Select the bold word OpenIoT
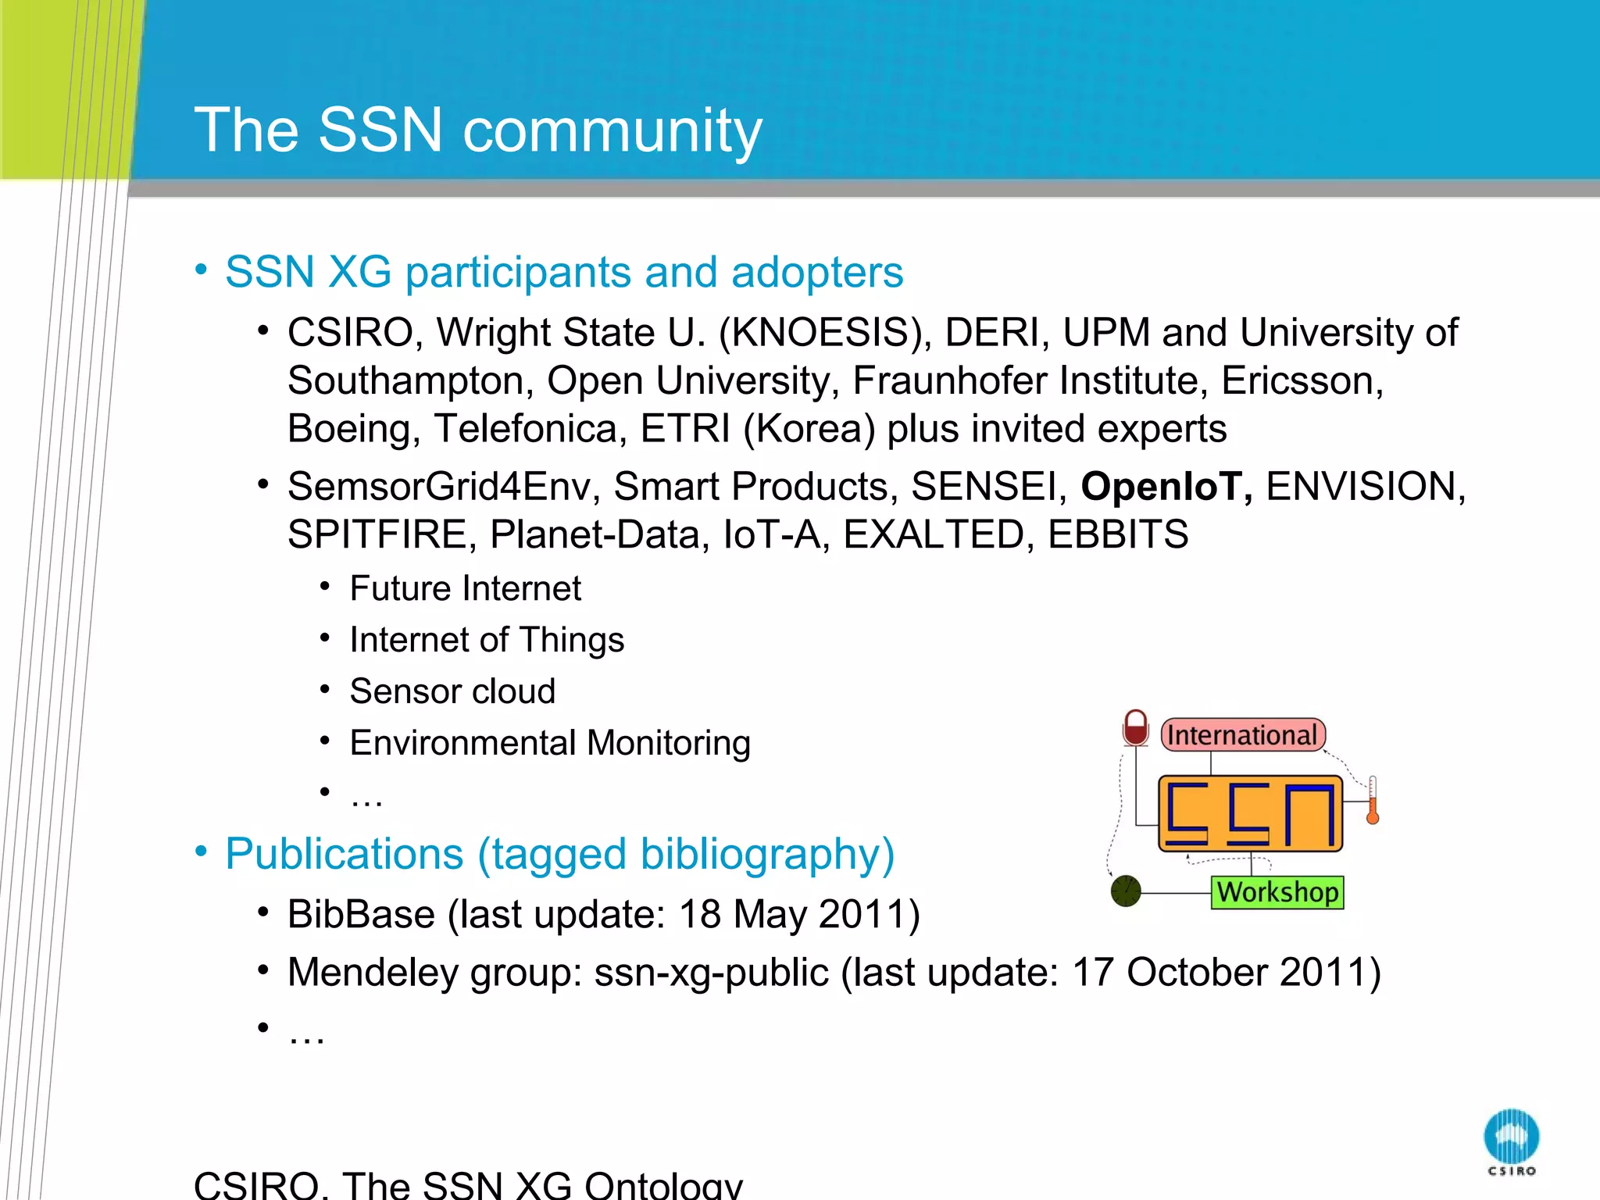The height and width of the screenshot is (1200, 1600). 1165,487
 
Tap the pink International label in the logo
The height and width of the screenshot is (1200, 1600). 1242,735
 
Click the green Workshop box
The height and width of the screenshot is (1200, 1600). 1277,892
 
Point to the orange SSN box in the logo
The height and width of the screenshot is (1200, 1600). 1250,813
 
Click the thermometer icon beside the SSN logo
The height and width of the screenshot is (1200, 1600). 1372,800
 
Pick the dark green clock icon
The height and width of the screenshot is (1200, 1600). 1126,891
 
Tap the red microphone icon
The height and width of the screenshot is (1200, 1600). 1135,727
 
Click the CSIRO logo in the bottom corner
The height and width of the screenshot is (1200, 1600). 1511,1141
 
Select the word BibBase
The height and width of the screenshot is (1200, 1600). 360,914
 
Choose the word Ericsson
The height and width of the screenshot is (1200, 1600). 1302,381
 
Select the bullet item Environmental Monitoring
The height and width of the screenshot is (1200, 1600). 549,743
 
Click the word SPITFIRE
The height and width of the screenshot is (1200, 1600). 377,535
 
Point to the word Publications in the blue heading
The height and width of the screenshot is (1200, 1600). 344,854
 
